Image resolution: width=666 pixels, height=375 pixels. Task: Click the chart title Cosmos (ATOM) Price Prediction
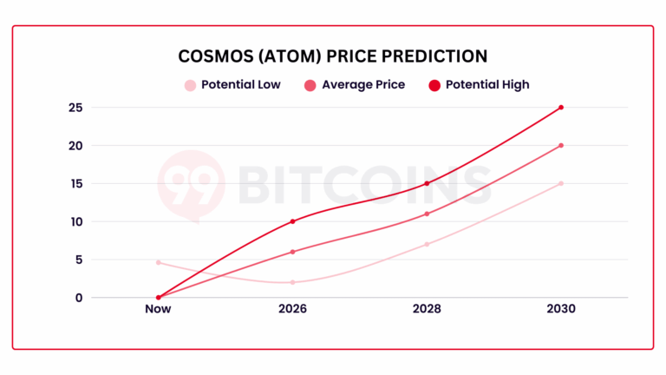click(x=333, y=56)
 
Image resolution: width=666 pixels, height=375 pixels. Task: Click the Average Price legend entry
click(x=354, y=85)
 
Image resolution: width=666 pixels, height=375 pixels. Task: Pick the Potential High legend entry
click(x=479, y=85)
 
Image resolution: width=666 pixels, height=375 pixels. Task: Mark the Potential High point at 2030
click(x=561, y=108)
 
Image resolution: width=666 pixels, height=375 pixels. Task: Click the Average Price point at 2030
click(x=561, y=145)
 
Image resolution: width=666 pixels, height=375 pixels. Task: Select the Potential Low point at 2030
click(x=561, y=183)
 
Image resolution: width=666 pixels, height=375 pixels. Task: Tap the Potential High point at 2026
click(x=292, y=221)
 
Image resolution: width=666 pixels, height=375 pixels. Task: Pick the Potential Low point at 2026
click(x=292, y=282)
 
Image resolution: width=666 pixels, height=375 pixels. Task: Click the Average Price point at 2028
click(x=427, y=214)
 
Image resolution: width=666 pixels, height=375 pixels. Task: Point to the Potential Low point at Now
click(x=159, y=262)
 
